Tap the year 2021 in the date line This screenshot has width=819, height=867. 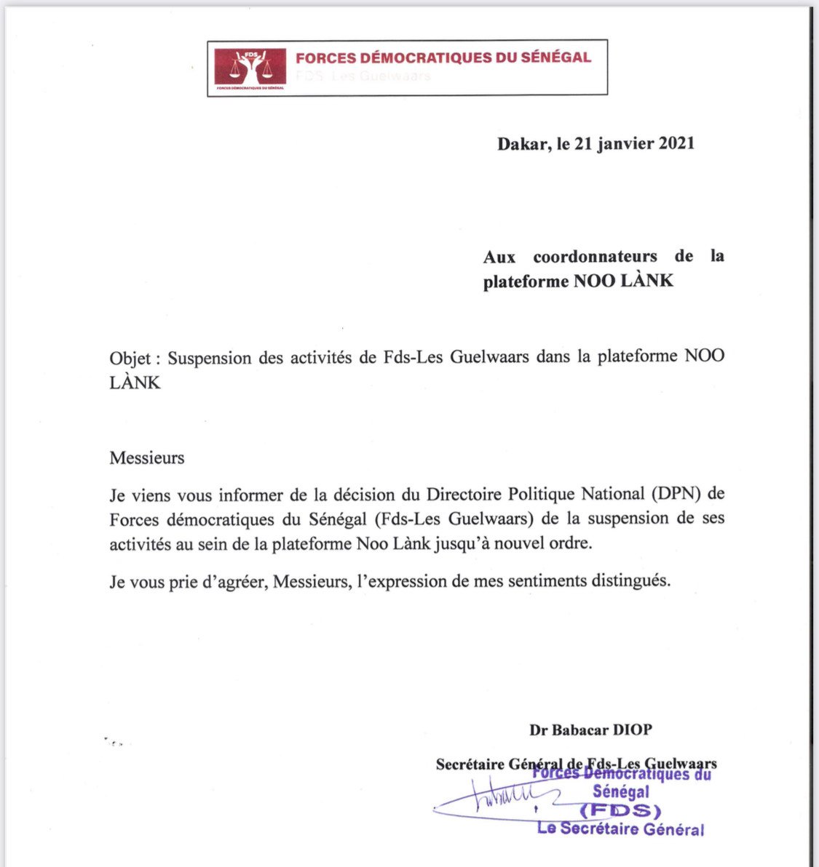click(x=676, y=143)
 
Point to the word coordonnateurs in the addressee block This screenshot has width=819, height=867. click(x=595, y=257)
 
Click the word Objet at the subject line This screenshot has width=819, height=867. click(x=130, y=358)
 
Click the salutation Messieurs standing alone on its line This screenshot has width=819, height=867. click(x=147, y=458)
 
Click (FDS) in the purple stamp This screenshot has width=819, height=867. click(x=620, y=811)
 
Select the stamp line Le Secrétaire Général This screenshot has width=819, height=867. click(x=620, y=828)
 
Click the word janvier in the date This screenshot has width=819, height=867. click(x=626, y=143)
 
